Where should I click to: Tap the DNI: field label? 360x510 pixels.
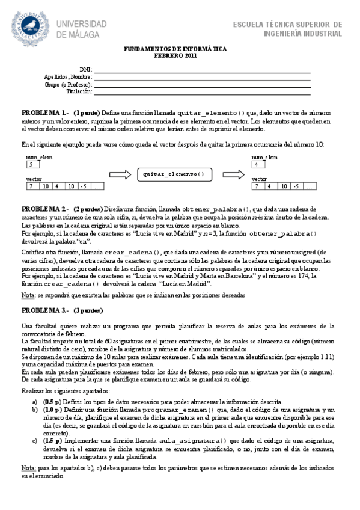[x=85, y=70]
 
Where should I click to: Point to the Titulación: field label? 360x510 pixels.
[x=79, y=92]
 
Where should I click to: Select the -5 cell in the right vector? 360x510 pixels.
[x=296, y=186]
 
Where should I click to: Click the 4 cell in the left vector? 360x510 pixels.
[x=57, y=186]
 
